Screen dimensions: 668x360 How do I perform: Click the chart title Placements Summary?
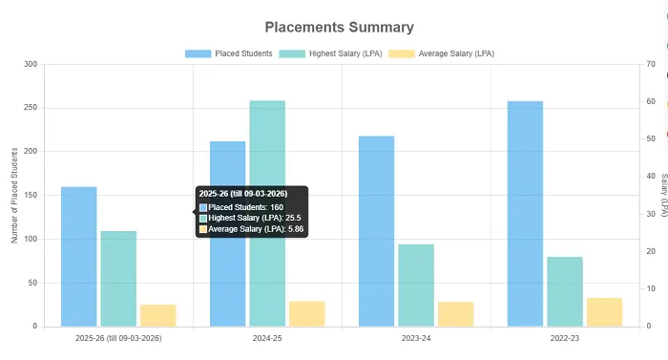point(339,28)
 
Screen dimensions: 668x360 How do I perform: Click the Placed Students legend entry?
point(229,53)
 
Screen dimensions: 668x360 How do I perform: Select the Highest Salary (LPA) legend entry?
point(330,53)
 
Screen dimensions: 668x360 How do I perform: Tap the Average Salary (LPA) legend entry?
point(442,53)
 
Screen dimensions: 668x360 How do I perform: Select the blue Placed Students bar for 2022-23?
point(525,214)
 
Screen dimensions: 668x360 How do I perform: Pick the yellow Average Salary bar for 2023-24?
point(456,314)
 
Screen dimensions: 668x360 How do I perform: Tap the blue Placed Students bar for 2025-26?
point(79,257)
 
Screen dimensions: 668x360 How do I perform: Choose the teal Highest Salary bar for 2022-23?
point(565,292)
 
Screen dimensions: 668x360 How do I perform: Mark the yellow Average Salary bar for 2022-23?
point(604,312)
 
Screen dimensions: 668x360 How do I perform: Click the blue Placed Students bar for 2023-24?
point(377,231)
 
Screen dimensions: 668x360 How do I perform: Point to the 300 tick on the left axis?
point(31,64)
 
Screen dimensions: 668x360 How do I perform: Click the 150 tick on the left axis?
point(31,195)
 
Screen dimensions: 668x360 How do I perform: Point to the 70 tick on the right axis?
point(651,64)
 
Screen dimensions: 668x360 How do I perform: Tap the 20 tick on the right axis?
point(651,251)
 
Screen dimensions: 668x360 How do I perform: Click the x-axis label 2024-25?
point(267,338)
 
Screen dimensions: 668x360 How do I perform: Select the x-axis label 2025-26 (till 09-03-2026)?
point(118,338)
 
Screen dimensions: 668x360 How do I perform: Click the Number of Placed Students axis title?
point(14,196)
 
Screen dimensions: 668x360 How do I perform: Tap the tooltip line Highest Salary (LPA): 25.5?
point(255,218)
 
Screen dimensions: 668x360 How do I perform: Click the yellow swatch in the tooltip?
point(203,229)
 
